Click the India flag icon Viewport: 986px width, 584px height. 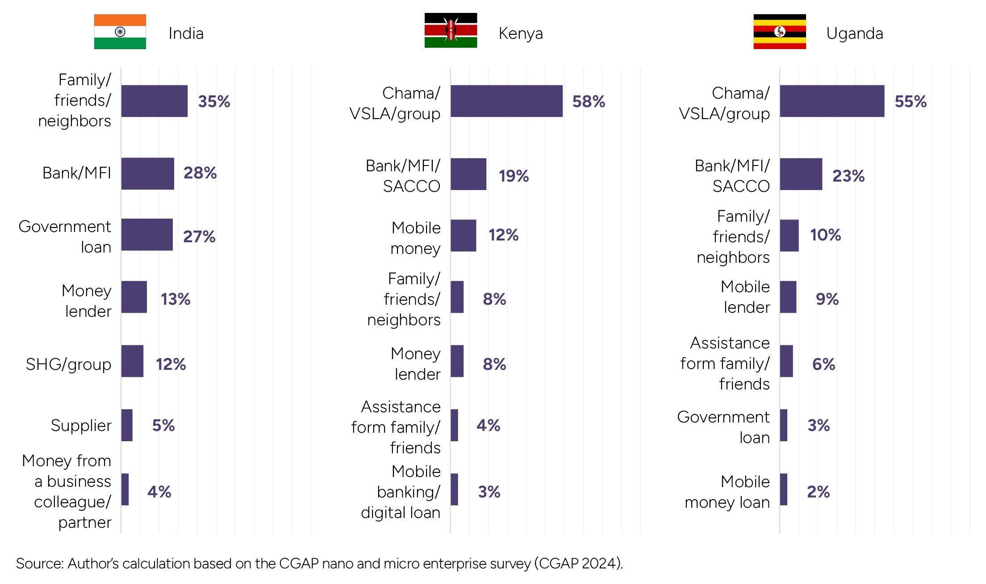pyautogui.click(x=120, y=32)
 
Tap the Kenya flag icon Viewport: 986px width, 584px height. pyautogui.click(x=451, y=30)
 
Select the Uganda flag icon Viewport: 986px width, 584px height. pyautogui.click(x=779, y=32)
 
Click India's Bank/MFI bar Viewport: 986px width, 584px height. pyautogui.click(x=147, y=174)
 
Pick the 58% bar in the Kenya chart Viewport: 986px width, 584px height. pyautogui.click(x=506, y=101)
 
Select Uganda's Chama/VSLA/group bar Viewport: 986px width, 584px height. pyautogui.click(x=832, y=101)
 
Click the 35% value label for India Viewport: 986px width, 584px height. pyautogui.click(x=214, y=102)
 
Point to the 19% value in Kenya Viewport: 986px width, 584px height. pyautogui.click(x=514, y=176)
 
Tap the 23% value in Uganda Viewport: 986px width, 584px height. pyautogui.click(x=848, y=176)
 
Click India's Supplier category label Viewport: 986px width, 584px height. pyautogui.click(x=81, y=426)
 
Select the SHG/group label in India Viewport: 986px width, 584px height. pyautogui.click(x=68, y=364)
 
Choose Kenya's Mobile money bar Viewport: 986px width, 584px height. pyautogui.click(x=463, y=236)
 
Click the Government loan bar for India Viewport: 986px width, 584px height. pyautogui.click(x=147, y=235)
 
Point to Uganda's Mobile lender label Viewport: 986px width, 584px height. pyautogui.click(x=745, y=297)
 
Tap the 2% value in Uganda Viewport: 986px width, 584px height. pyautogui.click(x=818, y=492)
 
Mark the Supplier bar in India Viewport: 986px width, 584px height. pyautogui.click(x=127, y=425)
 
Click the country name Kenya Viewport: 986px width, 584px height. pyautogui.click(x=521, y=33)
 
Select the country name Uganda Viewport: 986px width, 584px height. pyautogui.click(x=854, y=33)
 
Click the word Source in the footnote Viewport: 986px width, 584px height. pyautogui.click(x=39, y=563)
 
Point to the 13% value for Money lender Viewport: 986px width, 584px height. pyautogui.click(x=175, y=299)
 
